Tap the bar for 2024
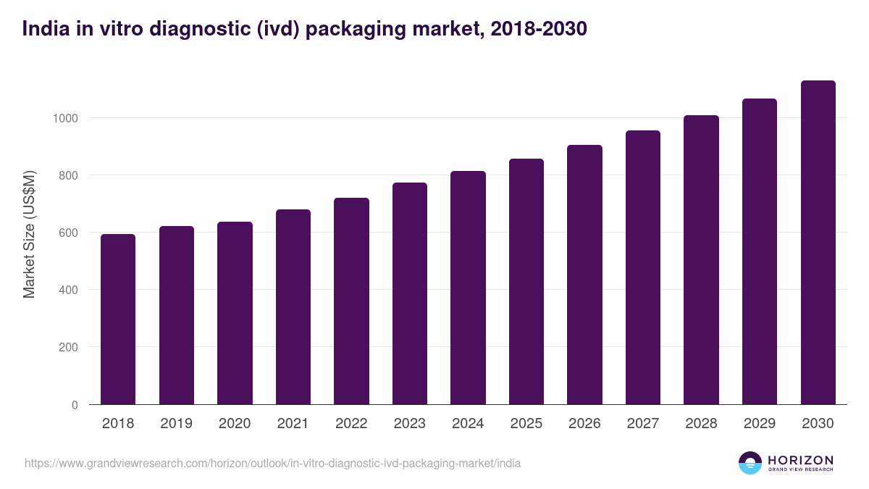468,288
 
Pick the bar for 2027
643,267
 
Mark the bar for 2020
235,313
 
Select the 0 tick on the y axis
74,405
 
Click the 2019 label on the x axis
176,424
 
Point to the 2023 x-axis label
409,424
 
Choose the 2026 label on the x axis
584,424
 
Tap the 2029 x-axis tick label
759,424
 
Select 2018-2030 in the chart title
538,29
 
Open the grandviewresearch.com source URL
272,463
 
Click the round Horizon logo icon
750,463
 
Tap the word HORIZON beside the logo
800,459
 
